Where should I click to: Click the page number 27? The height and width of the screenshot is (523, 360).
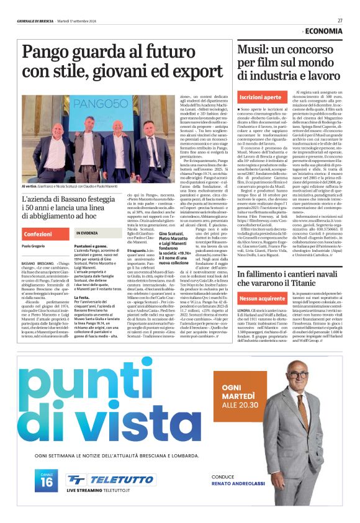click(341, 20)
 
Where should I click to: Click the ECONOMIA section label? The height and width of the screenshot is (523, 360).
click(325, 30)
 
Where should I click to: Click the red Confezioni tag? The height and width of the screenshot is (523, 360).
click(38, 235)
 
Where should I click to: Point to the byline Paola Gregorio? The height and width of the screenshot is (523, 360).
click(36, 246)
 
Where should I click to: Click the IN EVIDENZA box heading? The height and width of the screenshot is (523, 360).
click(91, 233)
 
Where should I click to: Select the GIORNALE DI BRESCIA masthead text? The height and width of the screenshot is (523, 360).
click(35, 20)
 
